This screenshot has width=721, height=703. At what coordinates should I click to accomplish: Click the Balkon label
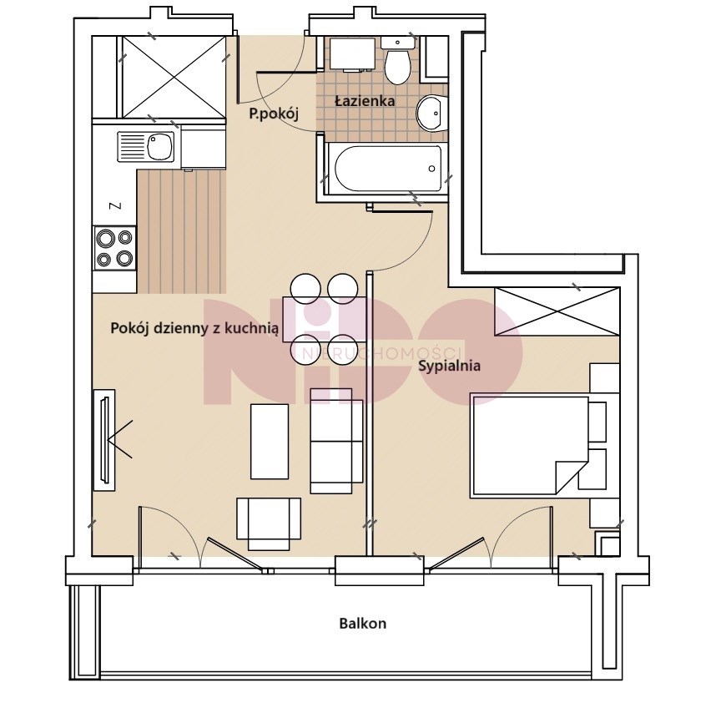click(x=362, y=624)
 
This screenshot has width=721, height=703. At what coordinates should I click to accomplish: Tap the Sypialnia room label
click(x=449, y=367)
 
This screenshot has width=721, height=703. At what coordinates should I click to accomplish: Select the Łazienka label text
click(x=365, y=101)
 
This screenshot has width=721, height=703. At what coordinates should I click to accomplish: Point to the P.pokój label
click(x=274, y=114)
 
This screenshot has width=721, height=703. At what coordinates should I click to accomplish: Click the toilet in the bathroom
click(x=398, y=61)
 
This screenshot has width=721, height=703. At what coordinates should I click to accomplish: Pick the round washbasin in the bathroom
click(x=431, y=114)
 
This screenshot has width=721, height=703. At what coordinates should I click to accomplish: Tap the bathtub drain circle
click(x=431, y=169)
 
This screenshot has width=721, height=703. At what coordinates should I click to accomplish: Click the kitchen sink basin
click(x=160, y=146)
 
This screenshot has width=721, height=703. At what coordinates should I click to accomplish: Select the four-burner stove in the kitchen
click(x=114, y=247)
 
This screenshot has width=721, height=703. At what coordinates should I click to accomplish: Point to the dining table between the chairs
click(x=325, y=319)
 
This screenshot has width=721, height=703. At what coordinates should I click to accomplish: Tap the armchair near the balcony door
click(x=269, y=523)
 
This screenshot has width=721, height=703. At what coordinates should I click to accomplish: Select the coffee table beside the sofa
click(x=270, y=441)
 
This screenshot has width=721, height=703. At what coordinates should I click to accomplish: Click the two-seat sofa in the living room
click(x=336, y=441)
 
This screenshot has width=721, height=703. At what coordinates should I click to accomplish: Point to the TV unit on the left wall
click(x=104, y=440)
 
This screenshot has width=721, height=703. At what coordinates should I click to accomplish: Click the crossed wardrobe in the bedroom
click(x=557, y=311)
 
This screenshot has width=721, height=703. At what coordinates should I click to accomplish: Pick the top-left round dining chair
click(x=305, y=289)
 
